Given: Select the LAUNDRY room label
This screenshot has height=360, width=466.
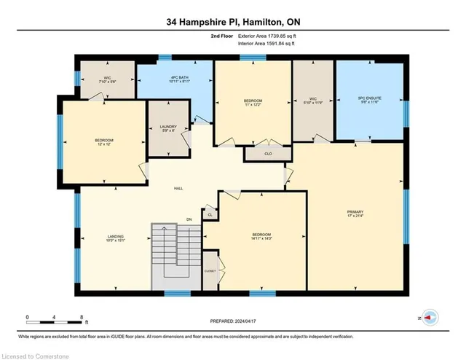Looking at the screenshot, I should click(x=168, y=130).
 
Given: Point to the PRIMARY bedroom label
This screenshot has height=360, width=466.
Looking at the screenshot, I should click(x=355, y=215).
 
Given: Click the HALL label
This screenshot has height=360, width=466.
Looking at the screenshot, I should click(x=178, y=188).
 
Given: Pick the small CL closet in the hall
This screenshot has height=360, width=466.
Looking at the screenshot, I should click(x=210, y=215).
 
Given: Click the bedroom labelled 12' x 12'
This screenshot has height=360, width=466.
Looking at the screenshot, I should click(x=104, y=142).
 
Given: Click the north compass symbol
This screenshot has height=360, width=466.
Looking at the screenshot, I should click(x=430, y=317).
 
